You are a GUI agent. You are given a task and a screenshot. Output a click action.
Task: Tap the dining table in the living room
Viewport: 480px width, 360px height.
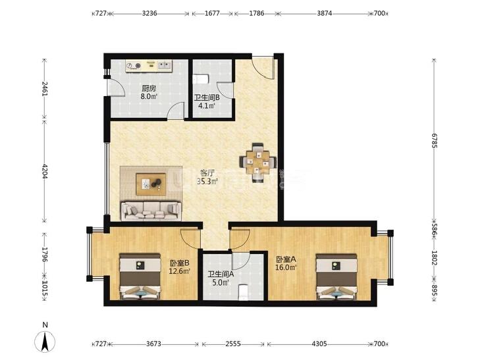(x=258, y=162)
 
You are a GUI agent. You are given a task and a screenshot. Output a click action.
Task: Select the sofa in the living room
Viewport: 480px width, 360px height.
(x=151, y=211)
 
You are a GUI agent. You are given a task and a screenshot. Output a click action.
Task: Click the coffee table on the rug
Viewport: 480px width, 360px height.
(x=151, y=184)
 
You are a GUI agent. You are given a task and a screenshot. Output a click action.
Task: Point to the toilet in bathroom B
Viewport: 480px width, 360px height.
(x=201, y=78)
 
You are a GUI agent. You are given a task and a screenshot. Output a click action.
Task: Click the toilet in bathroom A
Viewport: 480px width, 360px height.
(x=244, y=293)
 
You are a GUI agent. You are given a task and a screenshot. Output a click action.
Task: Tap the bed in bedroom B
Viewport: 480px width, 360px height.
(x=140, y=276)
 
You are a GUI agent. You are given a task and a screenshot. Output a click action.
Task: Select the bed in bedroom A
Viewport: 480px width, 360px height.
(x=336, y=276)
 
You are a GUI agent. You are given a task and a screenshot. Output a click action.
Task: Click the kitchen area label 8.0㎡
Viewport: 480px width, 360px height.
(x=149, y=97)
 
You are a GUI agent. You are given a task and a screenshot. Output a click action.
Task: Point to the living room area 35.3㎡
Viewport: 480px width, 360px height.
(x=207, y=182)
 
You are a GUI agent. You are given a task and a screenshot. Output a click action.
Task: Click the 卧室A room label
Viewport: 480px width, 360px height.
(x=286, y=259)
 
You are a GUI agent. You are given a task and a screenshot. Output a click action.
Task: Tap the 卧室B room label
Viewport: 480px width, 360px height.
(x=180, y=263)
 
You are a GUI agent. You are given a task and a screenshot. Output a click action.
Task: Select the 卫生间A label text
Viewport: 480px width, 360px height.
(x=221, y=274)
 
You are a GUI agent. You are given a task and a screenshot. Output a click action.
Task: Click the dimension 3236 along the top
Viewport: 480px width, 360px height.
(x=149, y=13)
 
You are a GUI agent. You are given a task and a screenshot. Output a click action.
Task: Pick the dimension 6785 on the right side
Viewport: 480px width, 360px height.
(x=434, y=140)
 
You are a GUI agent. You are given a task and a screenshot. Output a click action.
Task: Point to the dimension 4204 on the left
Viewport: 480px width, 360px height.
(x=45, y=171)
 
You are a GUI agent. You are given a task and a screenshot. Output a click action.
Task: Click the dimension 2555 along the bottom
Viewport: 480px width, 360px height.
(x=233, y=344)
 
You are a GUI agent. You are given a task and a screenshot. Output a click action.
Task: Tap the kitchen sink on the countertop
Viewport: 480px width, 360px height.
(x=165, y=65)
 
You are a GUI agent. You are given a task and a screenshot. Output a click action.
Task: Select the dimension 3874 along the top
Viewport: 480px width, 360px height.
(x=324, y=13)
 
